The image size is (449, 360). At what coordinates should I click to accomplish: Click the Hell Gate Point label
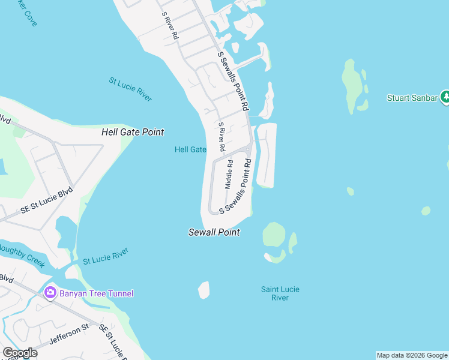tap(133, 132)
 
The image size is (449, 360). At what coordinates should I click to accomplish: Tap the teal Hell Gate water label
tap(190, 149)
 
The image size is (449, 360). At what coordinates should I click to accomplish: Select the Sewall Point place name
tap(214, 232)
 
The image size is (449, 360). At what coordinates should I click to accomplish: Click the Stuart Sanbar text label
tap(412, 98)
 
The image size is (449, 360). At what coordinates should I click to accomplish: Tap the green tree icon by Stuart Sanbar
tap(445, 97)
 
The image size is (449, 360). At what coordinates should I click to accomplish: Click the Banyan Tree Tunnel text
tap(96, 293)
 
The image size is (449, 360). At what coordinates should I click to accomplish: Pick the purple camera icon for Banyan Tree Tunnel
tap(50, 293)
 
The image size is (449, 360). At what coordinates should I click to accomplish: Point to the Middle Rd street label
tap(229, 175)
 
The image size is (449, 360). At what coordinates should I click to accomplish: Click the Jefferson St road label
tap(68, 335)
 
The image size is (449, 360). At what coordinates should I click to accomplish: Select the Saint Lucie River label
tap(280, 293)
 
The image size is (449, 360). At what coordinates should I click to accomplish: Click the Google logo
tap(20, 353)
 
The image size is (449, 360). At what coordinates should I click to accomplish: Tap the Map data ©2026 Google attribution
tap(412, 355)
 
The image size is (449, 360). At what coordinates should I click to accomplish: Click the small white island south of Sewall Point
tap(204, 290)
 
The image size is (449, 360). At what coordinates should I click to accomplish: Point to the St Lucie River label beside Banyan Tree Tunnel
tap(106, 257)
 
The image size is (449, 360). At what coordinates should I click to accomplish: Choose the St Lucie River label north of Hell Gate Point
tap(130, 89)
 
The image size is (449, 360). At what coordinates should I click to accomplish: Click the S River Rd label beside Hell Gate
tap(221, 137)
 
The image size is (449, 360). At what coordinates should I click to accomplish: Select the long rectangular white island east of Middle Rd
tap(267, 155)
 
